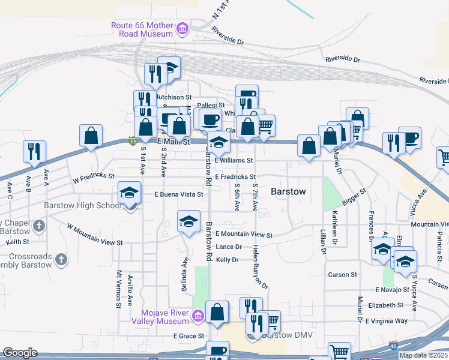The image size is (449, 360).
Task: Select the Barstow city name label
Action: coord(288,192)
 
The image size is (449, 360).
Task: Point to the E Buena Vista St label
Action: coord(179,194)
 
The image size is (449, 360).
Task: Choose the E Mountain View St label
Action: coord(244,235)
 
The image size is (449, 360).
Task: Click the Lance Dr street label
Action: coord(229,247)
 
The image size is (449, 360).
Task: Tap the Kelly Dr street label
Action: coord(228,260)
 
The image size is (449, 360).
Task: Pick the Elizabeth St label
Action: coord(385,305)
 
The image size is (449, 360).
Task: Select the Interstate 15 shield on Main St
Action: coord(131,141)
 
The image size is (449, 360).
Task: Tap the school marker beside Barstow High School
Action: coord(129,193)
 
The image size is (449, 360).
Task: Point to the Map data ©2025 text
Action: coord(423,355)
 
